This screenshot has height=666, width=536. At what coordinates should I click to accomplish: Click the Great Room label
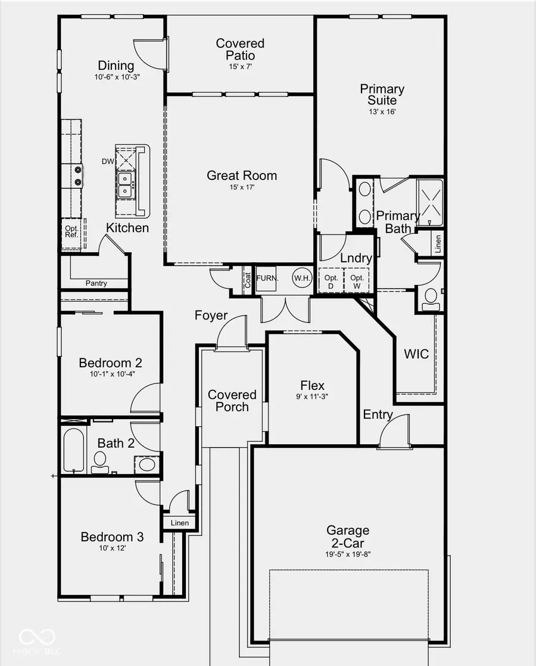pyautogui.click(x=242, y=175)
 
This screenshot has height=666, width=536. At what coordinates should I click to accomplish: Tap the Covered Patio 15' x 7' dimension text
pyautogui.click(x=240, y=67)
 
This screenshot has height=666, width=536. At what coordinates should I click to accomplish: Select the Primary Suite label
pyautogui.click(x=382, y=94)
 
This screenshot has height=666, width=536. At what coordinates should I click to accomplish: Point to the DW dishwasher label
pyautogui.click(x=108, y=161)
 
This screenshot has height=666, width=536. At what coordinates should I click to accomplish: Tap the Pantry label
pyautogui.click(x=96, y=283)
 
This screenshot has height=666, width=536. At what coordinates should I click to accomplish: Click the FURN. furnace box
pyautogui.click(x=265, y=278)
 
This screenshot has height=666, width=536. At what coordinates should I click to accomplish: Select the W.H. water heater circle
pyautogui.click(x=301, y=278)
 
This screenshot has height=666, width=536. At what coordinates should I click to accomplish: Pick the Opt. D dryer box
pyautogui.click(x=331, y=281)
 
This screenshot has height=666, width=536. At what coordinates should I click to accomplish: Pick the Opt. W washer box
pyautogui.click(x=357, y=281)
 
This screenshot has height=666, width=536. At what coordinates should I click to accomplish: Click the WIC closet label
pyautogui.click(x=416, y=354)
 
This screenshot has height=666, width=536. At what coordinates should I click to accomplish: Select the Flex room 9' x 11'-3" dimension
pyautogui.click(x=313, y=396)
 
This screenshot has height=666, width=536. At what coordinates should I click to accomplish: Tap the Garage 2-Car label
pyautogui.click(x=348, y=536)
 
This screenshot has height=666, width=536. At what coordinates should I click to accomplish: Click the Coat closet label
pyautogui.click(x=247, y=280)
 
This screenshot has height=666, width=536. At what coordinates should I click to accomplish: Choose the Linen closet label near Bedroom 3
pyautogui.click(x=179, y=523)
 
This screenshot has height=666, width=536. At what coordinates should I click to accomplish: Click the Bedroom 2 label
pyautogui.click(x=110, y=363)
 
